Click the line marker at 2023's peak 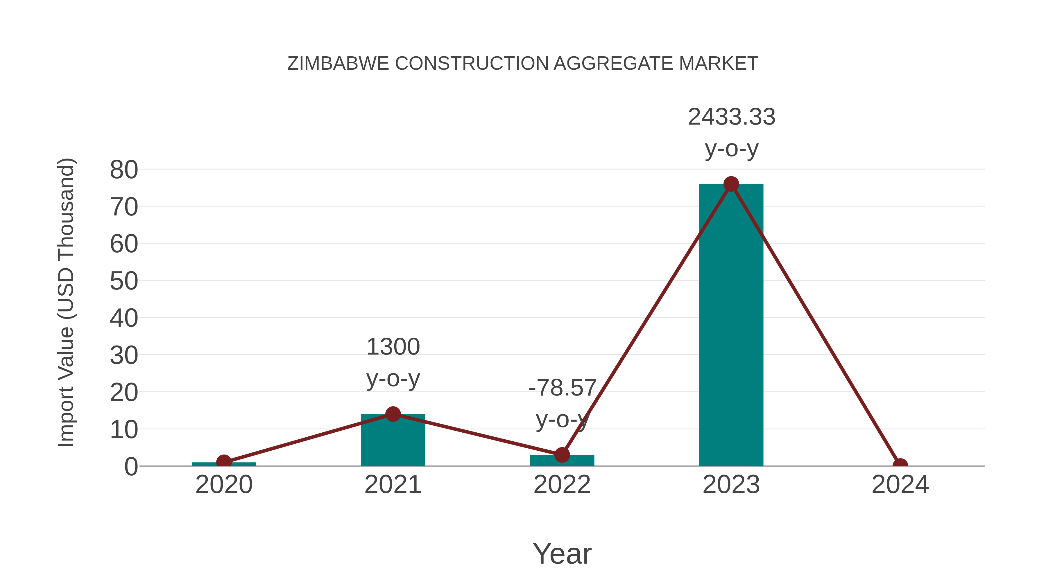click(x=731, y=184)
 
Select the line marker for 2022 click(x=562, y=455)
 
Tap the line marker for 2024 click(x=900, y=465)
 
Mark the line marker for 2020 click(x=224, y=462)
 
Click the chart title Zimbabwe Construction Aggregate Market click(x=523, y=63)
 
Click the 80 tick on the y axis click(x=124, y=170)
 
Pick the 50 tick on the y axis click(x=124, y=281)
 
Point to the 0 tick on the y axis click(x=131, y=466)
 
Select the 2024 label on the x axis click(x=900, y=485)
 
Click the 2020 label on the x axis click(x=224, y=485)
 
